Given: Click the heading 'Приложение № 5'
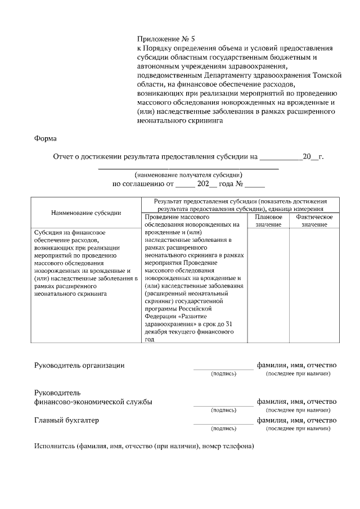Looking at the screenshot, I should tap(166, 39).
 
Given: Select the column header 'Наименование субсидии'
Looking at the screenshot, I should tap(85, 213).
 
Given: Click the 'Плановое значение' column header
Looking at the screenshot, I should tap(268, 220).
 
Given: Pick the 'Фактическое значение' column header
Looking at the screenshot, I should tap(310, 220).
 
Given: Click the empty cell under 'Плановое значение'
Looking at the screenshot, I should tap(268, 284).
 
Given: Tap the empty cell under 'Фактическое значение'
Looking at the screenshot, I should tap(310, 284).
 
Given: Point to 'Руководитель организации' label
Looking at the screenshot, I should tap(79, 365).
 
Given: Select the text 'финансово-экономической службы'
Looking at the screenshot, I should tap(93, 402).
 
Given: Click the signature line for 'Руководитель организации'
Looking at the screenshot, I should tap(223, 368).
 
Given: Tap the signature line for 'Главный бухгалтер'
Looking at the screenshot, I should tap(223, 424).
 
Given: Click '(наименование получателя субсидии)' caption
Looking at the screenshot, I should tap(188, 175).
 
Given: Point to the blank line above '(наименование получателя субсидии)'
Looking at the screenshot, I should tap(188, 168).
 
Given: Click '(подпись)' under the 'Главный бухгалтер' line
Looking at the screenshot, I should tap(223, 429).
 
